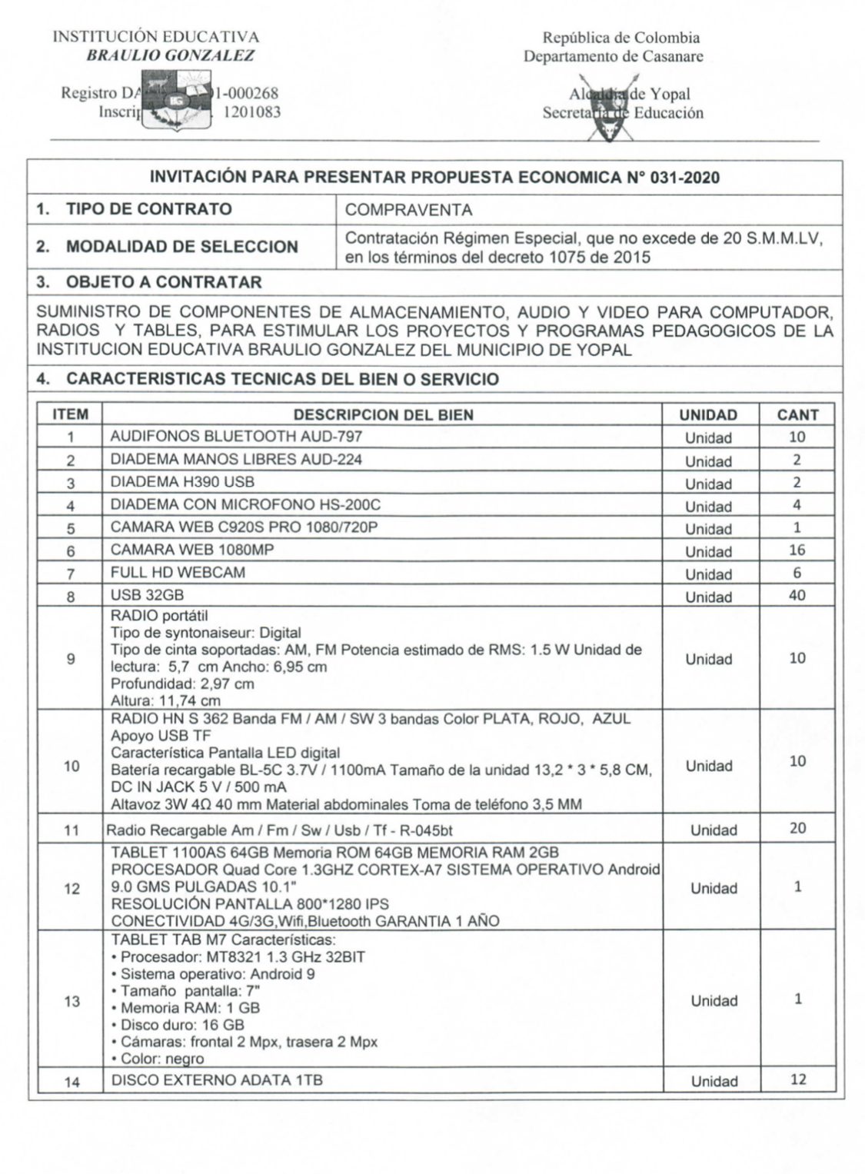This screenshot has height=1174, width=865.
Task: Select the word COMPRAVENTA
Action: coord(408,210)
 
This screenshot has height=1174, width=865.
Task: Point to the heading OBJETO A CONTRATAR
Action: coord(164,282)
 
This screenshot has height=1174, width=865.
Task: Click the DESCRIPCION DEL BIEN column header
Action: coord(383,415)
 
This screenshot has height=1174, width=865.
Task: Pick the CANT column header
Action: coord(797,415)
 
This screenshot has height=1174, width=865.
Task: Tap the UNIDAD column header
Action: coord(707,415)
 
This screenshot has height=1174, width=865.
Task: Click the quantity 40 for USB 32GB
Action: coord(797,595)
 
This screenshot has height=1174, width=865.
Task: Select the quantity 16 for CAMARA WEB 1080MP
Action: coord(797,550)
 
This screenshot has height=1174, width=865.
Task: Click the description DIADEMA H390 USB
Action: coord(182,482)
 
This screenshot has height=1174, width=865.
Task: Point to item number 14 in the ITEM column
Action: coord(72,1082)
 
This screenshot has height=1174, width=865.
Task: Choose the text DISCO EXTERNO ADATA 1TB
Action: coord(217,1080)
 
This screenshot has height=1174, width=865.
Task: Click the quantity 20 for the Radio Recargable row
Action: coord(797,828)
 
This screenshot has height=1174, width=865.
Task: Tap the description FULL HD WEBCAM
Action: coord(178,572)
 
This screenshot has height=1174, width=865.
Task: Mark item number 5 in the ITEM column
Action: coord(71,529)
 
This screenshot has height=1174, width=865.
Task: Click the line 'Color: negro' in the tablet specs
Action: coord(161,1059)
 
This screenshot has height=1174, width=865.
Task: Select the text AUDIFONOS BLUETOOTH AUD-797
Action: coord(236,437)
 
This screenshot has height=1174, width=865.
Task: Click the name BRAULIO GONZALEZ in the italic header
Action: coord(170,55)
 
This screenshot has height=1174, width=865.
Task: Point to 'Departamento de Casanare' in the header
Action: coord(613,56)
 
